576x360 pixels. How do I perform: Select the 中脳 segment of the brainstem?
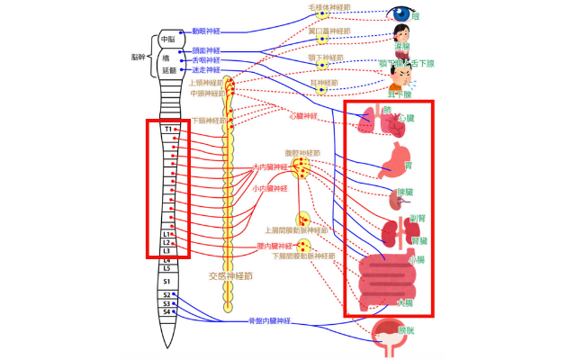pyautogui.click(x=167, y=40)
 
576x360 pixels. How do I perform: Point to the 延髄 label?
pyautogui.click(x=167, y=69)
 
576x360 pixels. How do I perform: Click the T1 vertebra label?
pyautogui.click(x=167, y=130)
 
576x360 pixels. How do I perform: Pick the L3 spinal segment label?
pyautogui.click(x=166, y=251)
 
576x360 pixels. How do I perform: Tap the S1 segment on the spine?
pyautogui.click(x=166, y=280)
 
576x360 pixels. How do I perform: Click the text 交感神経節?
pyautogui.click(x=229, y=276)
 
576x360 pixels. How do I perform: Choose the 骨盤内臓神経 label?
pyautogui.click(x=271, y=321)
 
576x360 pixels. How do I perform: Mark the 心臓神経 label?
pyautogui.click(x=304, y=116)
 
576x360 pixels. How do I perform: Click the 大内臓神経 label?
pyautogui.click(x=272, y=166)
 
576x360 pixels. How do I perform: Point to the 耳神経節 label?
pyautogui.click(x=319, y=82)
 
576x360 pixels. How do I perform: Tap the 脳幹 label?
pyautogui.click(x=138, y=55)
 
